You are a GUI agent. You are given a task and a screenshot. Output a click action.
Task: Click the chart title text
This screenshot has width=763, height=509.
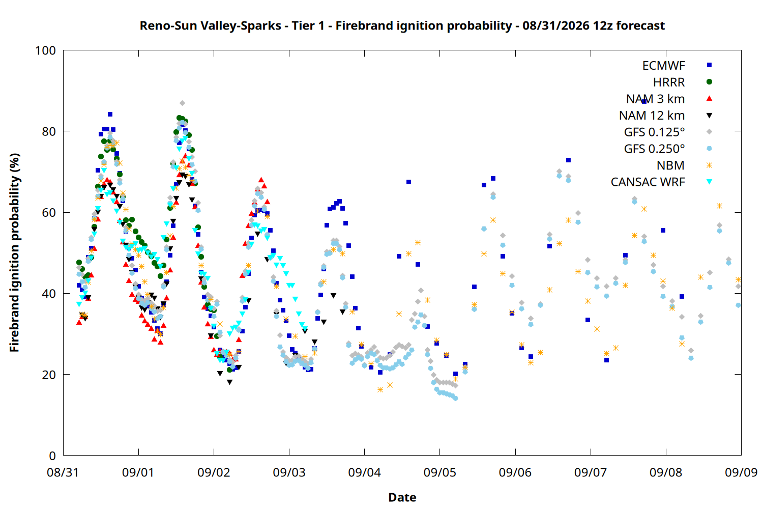pyautogui.click(x=402, y=26)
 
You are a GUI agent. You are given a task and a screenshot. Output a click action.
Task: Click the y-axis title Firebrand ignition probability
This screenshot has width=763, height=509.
pyautogui.click(x=14, y=252)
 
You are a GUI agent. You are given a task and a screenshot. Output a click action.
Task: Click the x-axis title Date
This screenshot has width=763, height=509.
pyautogui.click(x=402, y=497)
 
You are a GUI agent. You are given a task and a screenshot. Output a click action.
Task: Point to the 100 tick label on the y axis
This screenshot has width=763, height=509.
pyautogui.click(x=45, y=50)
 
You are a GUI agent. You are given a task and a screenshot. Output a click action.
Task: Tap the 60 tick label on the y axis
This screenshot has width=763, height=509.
pyautogui.click(x=49, y=212)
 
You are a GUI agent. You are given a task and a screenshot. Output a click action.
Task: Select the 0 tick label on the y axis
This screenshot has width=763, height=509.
pyautogui.click(x=52, y=456)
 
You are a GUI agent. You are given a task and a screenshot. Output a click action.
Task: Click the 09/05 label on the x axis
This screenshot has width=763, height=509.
pyautogui.click(x=440, y=472)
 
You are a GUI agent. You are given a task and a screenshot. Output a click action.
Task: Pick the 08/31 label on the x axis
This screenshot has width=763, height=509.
pyautogui.click(x=63, y=472)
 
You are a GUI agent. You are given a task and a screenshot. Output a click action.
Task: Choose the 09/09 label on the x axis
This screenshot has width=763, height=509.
pyautogui.click(x=741, y=472)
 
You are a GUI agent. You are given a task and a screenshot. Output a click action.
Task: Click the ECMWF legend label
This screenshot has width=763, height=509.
pyautogui.click(x=663, y=66)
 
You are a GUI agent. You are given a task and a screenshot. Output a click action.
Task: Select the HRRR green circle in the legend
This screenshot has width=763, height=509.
pyautogui.click(x=709, y=82)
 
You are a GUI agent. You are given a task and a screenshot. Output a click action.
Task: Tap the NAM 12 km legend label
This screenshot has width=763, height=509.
pyautogui.click(x=652, y=116)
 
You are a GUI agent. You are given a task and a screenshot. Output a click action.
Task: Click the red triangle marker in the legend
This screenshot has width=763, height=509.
pyautogui.click(x=709, y=99)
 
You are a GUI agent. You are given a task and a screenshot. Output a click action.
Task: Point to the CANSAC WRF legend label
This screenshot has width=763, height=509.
pyautogui.click(x=648, y=182)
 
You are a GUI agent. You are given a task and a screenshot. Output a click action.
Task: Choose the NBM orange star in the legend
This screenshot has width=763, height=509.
pyautogui.click(x=709, y=165)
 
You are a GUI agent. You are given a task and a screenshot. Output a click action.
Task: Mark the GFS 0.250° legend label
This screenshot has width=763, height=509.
pyautogui.click(x=654, y=149)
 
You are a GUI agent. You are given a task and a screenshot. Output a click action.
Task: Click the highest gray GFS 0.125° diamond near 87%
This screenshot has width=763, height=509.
pyautogui.click(x=182, y=103)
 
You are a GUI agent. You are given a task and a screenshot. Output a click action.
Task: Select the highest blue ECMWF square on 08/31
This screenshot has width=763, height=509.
pyautogui.click(x=110, y=114)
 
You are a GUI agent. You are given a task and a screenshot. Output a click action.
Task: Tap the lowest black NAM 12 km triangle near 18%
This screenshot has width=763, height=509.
pyautogui.click(x=229, y=383)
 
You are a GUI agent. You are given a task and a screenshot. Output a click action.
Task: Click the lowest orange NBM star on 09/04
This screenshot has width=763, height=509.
pyautogui.click(x=380, y=390)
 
